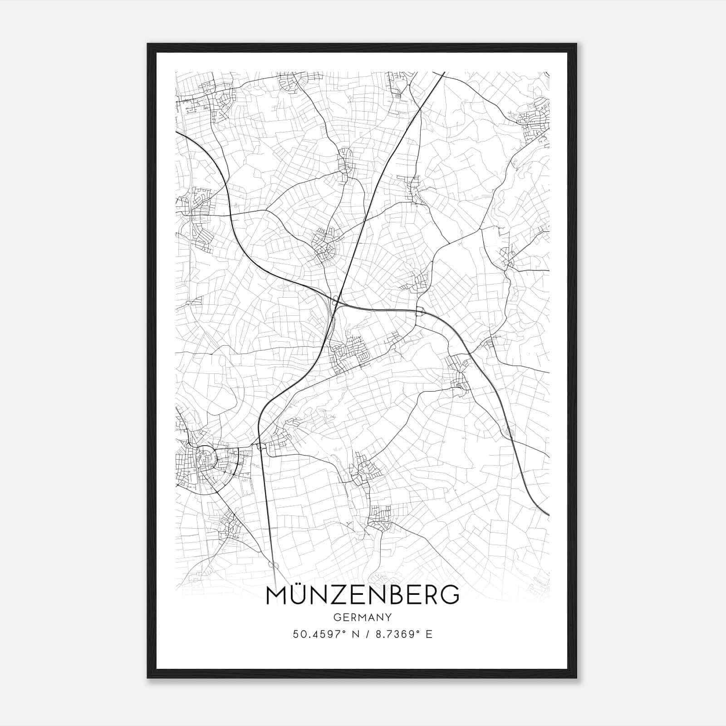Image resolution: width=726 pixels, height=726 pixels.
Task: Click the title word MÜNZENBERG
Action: (x=363, y=595)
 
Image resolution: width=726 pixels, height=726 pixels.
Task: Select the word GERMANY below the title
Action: (x=363, y=617)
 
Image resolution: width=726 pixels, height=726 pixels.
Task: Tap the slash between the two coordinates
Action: (x=367, y=634)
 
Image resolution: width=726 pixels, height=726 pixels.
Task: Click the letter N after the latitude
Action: (x=354, y=634)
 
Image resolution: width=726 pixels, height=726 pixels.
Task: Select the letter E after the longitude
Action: (x=429, y=634)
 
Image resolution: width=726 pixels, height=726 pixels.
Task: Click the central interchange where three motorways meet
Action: (x=336, y=300)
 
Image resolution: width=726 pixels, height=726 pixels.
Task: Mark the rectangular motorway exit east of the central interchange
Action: (x=420, y=311)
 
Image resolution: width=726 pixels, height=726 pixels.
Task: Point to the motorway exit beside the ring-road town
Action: (x=260, y=446)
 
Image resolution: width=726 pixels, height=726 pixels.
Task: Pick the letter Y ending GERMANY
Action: (x=389, y=617)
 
